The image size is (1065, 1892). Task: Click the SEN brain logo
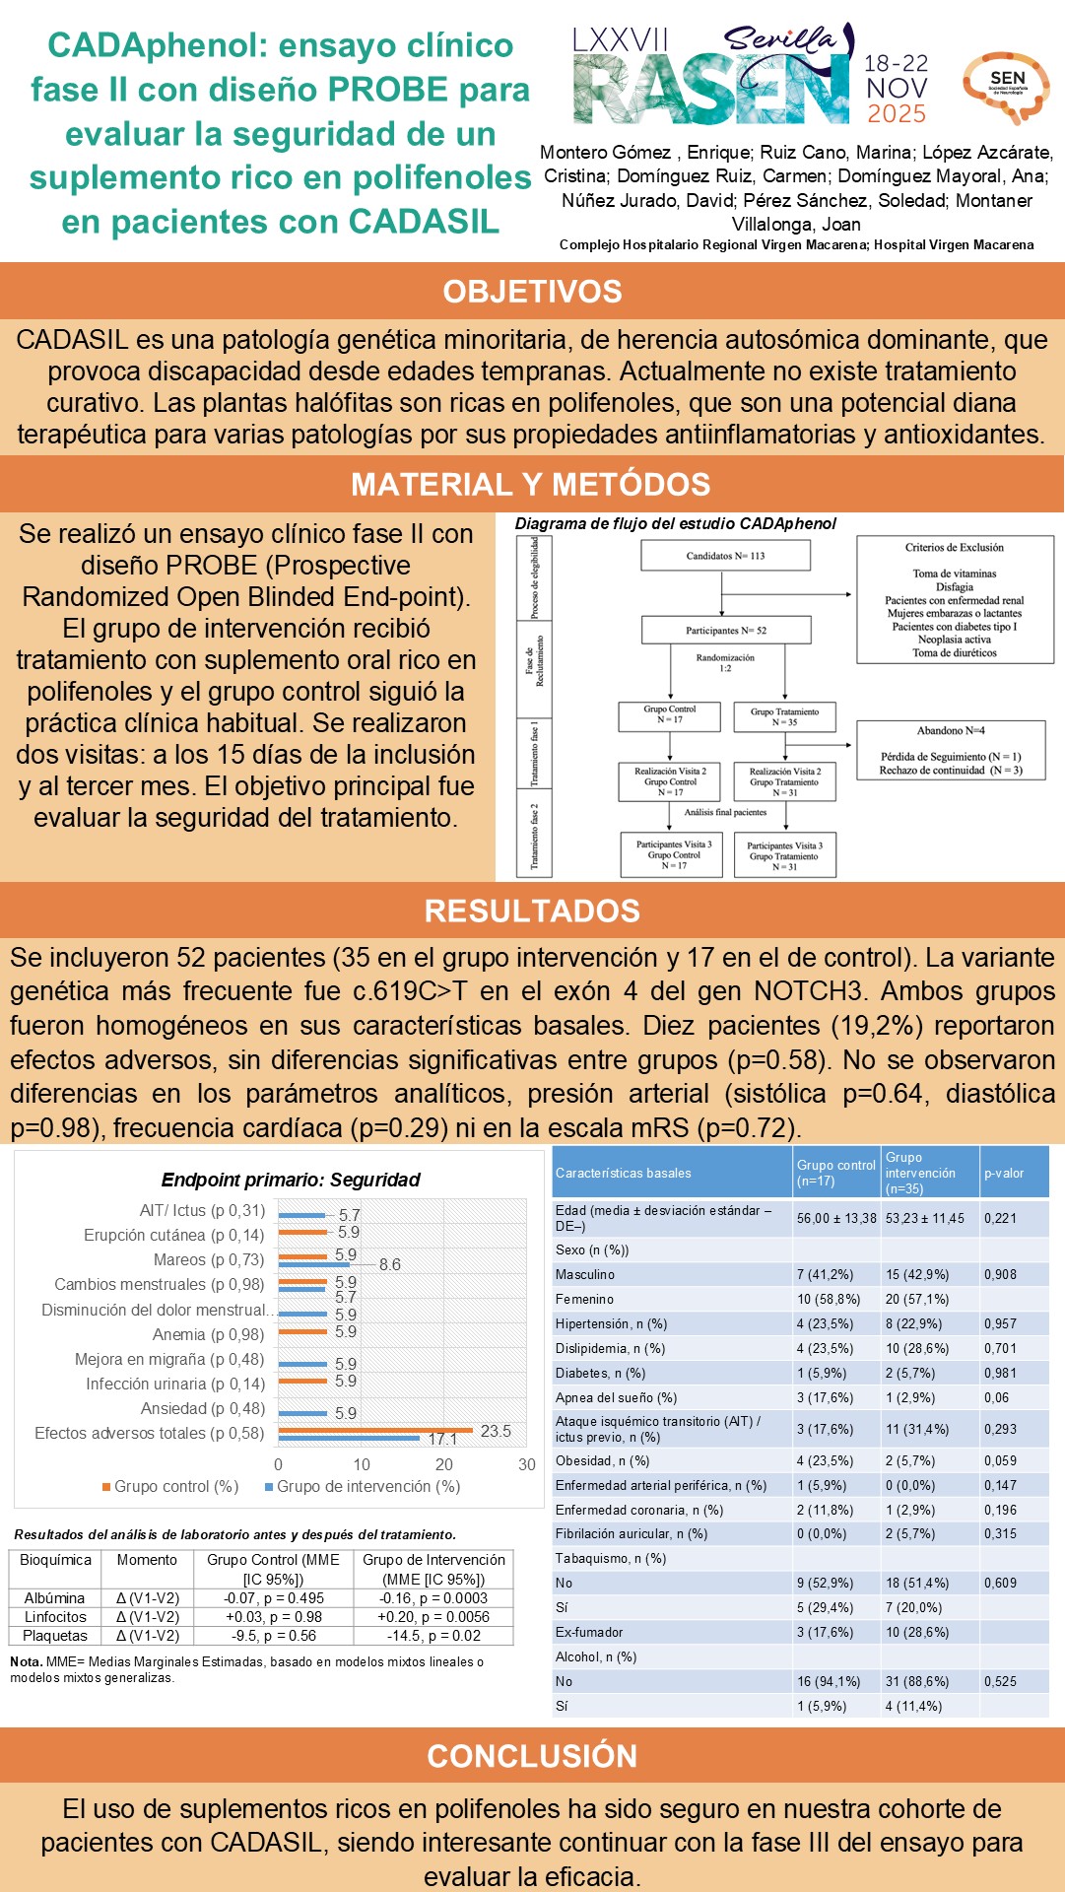pos(1005,86)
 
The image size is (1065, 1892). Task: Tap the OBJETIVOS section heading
pos(532,292)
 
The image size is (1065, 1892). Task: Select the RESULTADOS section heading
pos(532,911)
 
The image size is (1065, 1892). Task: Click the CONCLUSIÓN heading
pos(532,1756)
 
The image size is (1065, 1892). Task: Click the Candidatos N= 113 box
pos(725,556)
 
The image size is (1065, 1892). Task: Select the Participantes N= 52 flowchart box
pos(726,631)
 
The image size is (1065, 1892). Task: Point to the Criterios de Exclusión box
pos(954,599)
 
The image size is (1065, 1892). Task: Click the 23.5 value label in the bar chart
pos(496,1431)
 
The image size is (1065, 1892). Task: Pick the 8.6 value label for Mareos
pos(390,1264)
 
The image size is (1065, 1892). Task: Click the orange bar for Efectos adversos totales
pos(374,1430)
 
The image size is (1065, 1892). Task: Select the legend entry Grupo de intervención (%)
pos(362,1486)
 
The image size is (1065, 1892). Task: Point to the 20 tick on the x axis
pos(444,1464)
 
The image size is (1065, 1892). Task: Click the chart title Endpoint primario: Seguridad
pos(291,1180)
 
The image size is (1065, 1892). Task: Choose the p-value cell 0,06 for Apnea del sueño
pos(997,1397)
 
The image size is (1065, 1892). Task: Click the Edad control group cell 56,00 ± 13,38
pos(836,1218)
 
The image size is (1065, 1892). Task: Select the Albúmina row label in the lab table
pos(55,1597)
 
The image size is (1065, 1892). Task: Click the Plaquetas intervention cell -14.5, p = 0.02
pos(433,1635)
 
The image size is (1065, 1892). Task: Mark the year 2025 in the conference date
pos(897,114)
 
